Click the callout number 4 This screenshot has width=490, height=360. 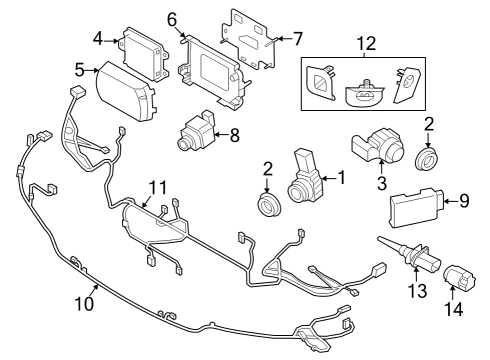point(98,39)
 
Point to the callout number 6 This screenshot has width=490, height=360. point(172,19)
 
